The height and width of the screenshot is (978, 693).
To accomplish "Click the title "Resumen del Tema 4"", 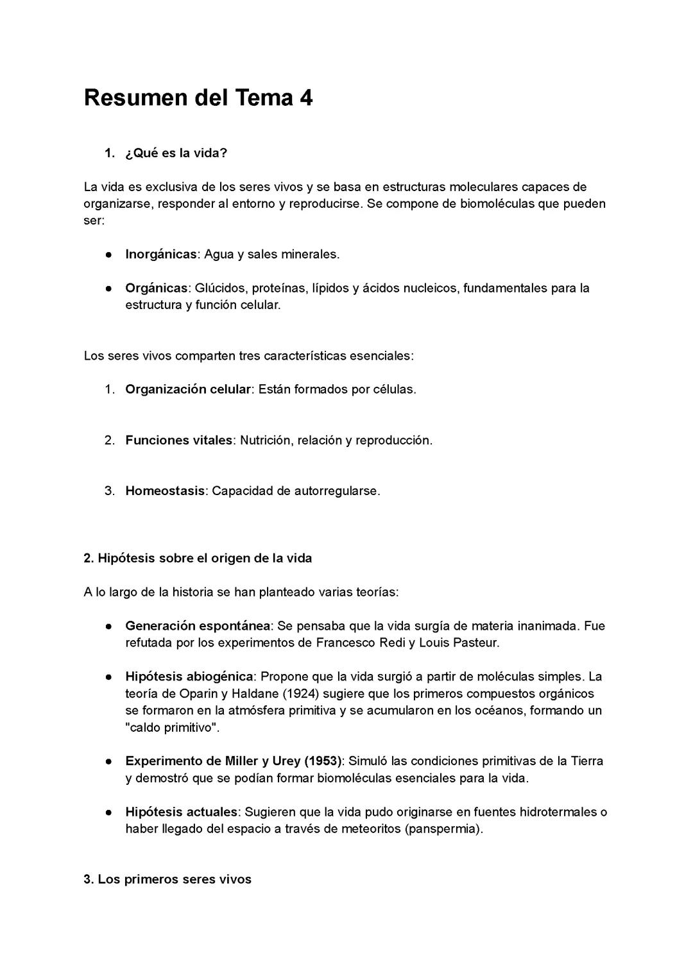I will [x=198, y=98].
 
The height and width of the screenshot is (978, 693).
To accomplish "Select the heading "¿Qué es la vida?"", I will [x=176, y=153].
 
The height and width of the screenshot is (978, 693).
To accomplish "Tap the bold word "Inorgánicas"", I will [x=160, y=254].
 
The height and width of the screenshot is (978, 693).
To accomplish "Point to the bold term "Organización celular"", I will [x=187, y=389].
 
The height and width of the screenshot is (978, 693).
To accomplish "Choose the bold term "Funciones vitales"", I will [x=178, y=441].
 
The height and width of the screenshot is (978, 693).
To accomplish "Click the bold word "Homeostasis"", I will [x=165, y=491].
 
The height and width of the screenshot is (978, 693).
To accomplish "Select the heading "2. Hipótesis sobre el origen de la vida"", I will [x=198, y=559].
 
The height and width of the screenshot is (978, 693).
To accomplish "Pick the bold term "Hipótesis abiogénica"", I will [x=189, y=677].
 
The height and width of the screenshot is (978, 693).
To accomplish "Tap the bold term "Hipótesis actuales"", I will [x=181, y=813].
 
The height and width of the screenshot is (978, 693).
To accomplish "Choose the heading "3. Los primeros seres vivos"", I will [x=167, y=880].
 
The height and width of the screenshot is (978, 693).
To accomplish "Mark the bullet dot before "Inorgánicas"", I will [x=110, y=255].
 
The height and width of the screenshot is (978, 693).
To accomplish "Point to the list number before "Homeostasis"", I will [x=109, y=491].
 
